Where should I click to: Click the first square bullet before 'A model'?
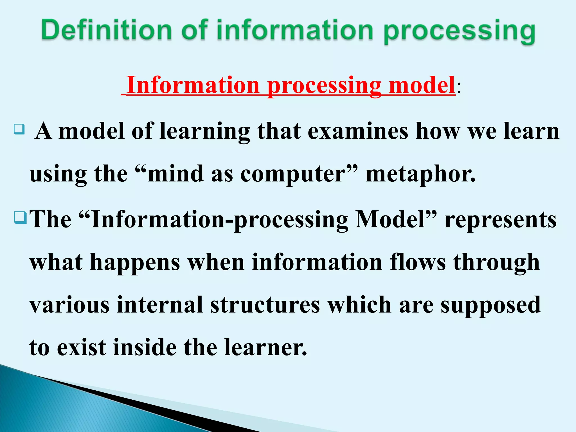(x=19, y=129)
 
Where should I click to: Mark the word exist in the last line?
(x=82, y=348)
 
